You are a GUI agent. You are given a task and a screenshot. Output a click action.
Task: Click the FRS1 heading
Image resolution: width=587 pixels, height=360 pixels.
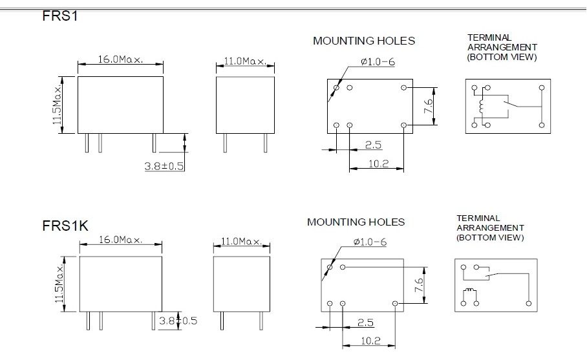60,16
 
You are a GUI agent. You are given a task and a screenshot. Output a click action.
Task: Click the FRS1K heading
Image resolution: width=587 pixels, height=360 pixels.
65,226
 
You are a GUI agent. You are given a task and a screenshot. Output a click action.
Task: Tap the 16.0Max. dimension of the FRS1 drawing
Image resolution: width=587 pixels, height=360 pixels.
120,59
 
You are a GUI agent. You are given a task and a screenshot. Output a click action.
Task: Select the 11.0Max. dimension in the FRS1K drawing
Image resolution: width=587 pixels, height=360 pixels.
242,241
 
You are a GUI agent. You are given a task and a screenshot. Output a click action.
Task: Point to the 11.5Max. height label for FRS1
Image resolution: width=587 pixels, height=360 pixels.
57,105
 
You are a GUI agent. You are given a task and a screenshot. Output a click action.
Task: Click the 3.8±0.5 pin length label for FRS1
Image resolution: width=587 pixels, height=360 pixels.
164,166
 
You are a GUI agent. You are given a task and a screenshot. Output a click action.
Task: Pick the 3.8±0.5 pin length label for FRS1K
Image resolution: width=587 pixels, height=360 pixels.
178,321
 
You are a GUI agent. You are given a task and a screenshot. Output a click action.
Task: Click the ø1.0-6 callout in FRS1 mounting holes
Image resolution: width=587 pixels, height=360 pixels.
378,61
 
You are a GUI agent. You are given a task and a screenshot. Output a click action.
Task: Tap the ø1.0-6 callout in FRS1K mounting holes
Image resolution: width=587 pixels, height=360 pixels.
370,242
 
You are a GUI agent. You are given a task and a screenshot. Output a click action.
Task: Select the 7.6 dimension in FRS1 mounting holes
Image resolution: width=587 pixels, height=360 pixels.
428,106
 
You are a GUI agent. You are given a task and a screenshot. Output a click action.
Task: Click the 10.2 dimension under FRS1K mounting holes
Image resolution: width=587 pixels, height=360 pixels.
370,341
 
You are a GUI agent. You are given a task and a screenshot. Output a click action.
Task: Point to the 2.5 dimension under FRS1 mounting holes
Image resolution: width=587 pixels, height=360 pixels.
373,145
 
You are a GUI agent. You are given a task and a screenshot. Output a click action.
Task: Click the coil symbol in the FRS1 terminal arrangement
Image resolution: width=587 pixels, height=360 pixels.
481,106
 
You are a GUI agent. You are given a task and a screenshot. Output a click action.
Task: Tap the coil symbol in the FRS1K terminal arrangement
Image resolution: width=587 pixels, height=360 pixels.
470,291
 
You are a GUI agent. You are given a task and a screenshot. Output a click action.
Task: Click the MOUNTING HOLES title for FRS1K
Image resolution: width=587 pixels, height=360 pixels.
356,222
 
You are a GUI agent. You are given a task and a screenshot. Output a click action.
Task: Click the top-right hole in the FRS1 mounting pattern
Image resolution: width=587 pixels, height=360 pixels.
403,87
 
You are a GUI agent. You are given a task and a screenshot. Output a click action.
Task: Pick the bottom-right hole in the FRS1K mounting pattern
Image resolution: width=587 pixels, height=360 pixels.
395,303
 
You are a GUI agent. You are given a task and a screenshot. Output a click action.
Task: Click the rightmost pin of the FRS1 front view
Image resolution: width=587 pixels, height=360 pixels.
155,143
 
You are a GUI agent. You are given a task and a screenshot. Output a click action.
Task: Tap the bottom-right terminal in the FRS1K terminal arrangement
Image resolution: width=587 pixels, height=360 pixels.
529,303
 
